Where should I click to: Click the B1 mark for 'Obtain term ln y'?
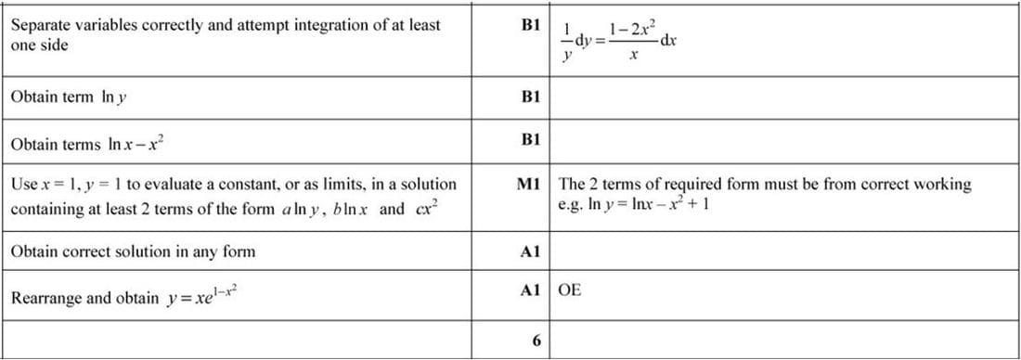coord(531,96)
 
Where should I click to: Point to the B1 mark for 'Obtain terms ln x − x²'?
coord(531,140)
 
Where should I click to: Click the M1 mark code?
coord(530,184)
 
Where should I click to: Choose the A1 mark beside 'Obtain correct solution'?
coord(531,251)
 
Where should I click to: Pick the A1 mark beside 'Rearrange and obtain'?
coord(531,289)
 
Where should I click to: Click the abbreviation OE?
coord(571,289)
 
